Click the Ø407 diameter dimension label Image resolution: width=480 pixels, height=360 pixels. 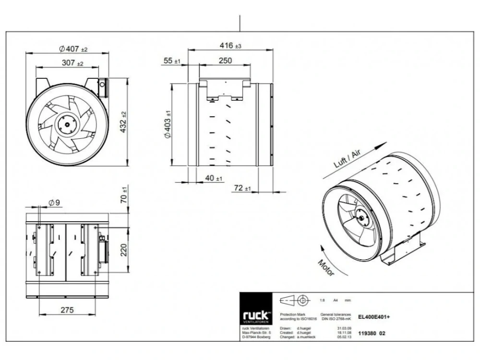point(73,49)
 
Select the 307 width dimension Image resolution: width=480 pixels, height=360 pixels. point(72,63)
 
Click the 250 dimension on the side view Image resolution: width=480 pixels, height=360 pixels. point(225,60)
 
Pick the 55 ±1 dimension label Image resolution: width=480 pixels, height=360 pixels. point(171,60)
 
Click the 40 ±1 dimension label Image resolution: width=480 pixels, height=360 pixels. point(214,178)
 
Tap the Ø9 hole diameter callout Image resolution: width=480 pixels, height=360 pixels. point(54,203)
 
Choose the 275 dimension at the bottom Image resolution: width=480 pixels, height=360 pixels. point(68,310)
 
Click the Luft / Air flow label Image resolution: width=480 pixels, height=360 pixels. point(347,157)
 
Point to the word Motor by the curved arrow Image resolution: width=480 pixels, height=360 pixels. point(326,267)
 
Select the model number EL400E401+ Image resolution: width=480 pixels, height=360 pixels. point(374,316)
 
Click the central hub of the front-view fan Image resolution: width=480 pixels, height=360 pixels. point(64,124)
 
